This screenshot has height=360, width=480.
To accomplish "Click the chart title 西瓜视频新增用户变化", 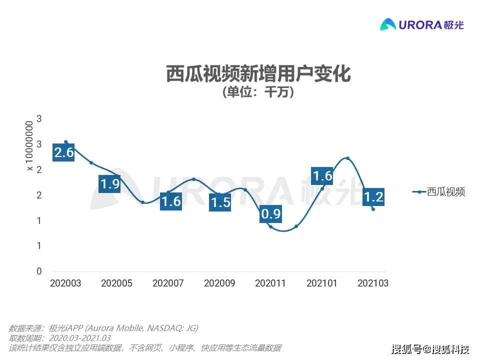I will point(258,74).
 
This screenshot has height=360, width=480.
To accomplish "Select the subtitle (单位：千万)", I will point(258,93).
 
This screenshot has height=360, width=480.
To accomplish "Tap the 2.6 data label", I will point(64,152).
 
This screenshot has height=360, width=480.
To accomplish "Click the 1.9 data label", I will point(109,184).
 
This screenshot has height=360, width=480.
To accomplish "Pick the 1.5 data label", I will point(220,203).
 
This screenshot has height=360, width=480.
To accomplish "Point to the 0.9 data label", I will point(271,214).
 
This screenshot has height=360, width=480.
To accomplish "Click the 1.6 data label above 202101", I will point(322,176).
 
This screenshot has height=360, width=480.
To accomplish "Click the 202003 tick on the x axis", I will point(65,283).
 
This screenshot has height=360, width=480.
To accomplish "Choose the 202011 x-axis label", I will point(270,283).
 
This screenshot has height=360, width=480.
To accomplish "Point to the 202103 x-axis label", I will point(373,283).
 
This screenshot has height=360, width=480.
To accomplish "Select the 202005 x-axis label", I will point(116,283).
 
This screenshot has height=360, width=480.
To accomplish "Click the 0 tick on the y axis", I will point(39,271).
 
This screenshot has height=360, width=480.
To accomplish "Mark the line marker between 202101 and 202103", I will point(347,158).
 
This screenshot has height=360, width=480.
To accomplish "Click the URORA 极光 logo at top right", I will point(422,24).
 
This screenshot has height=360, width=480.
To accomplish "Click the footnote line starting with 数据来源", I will point(103,328).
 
